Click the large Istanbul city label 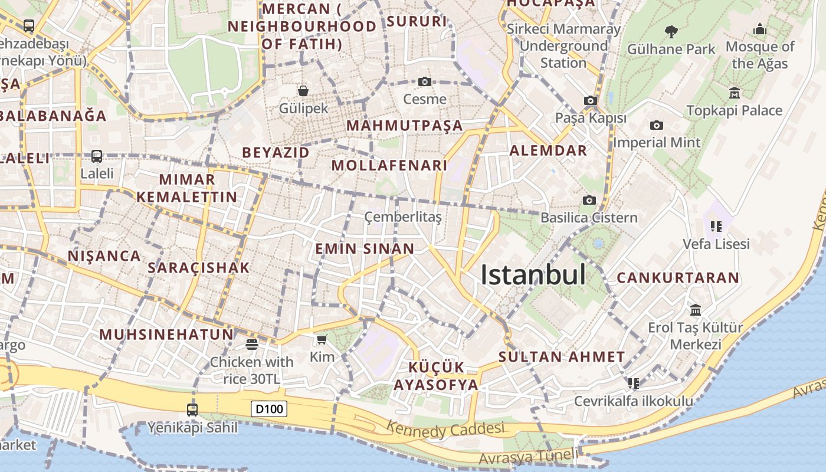point(533,275)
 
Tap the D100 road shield point(269,408)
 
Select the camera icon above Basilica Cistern point(589,201)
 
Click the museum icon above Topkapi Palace point(735,93)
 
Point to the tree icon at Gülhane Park point(671,31)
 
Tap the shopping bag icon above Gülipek point(303,90)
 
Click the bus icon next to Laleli point(97,156)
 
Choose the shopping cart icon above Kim point(322,339)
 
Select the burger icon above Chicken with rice point(252,345)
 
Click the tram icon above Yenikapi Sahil point(192,409)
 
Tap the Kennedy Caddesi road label point(445,429)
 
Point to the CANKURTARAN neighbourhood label point(678,277)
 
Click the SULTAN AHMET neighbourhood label point(562,356)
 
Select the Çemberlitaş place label point(403,217)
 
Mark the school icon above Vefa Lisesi point(716,226)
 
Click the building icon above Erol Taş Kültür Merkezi point(696,310)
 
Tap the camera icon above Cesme point(424,81)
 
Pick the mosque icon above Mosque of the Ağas point(760,29)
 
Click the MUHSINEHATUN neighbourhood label point(166,335)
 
